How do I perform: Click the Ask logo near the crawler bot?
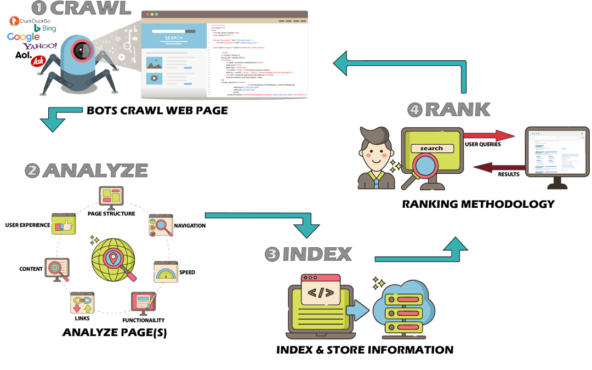click(38, 61)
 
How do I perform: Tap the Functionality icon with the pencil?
click(144, 301)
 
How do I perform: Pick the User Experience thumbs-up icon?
click(62, 225)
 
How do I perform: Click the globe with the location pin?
click(113, 260)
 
